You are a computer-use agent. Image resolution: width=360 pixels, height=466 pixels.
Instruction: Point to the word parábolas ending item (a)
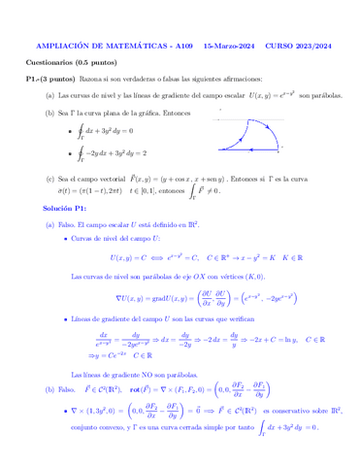pos(319,96)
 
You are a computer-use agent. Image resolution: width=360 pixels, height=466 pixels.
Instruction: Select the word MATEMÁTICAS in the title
pos(129,46)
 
